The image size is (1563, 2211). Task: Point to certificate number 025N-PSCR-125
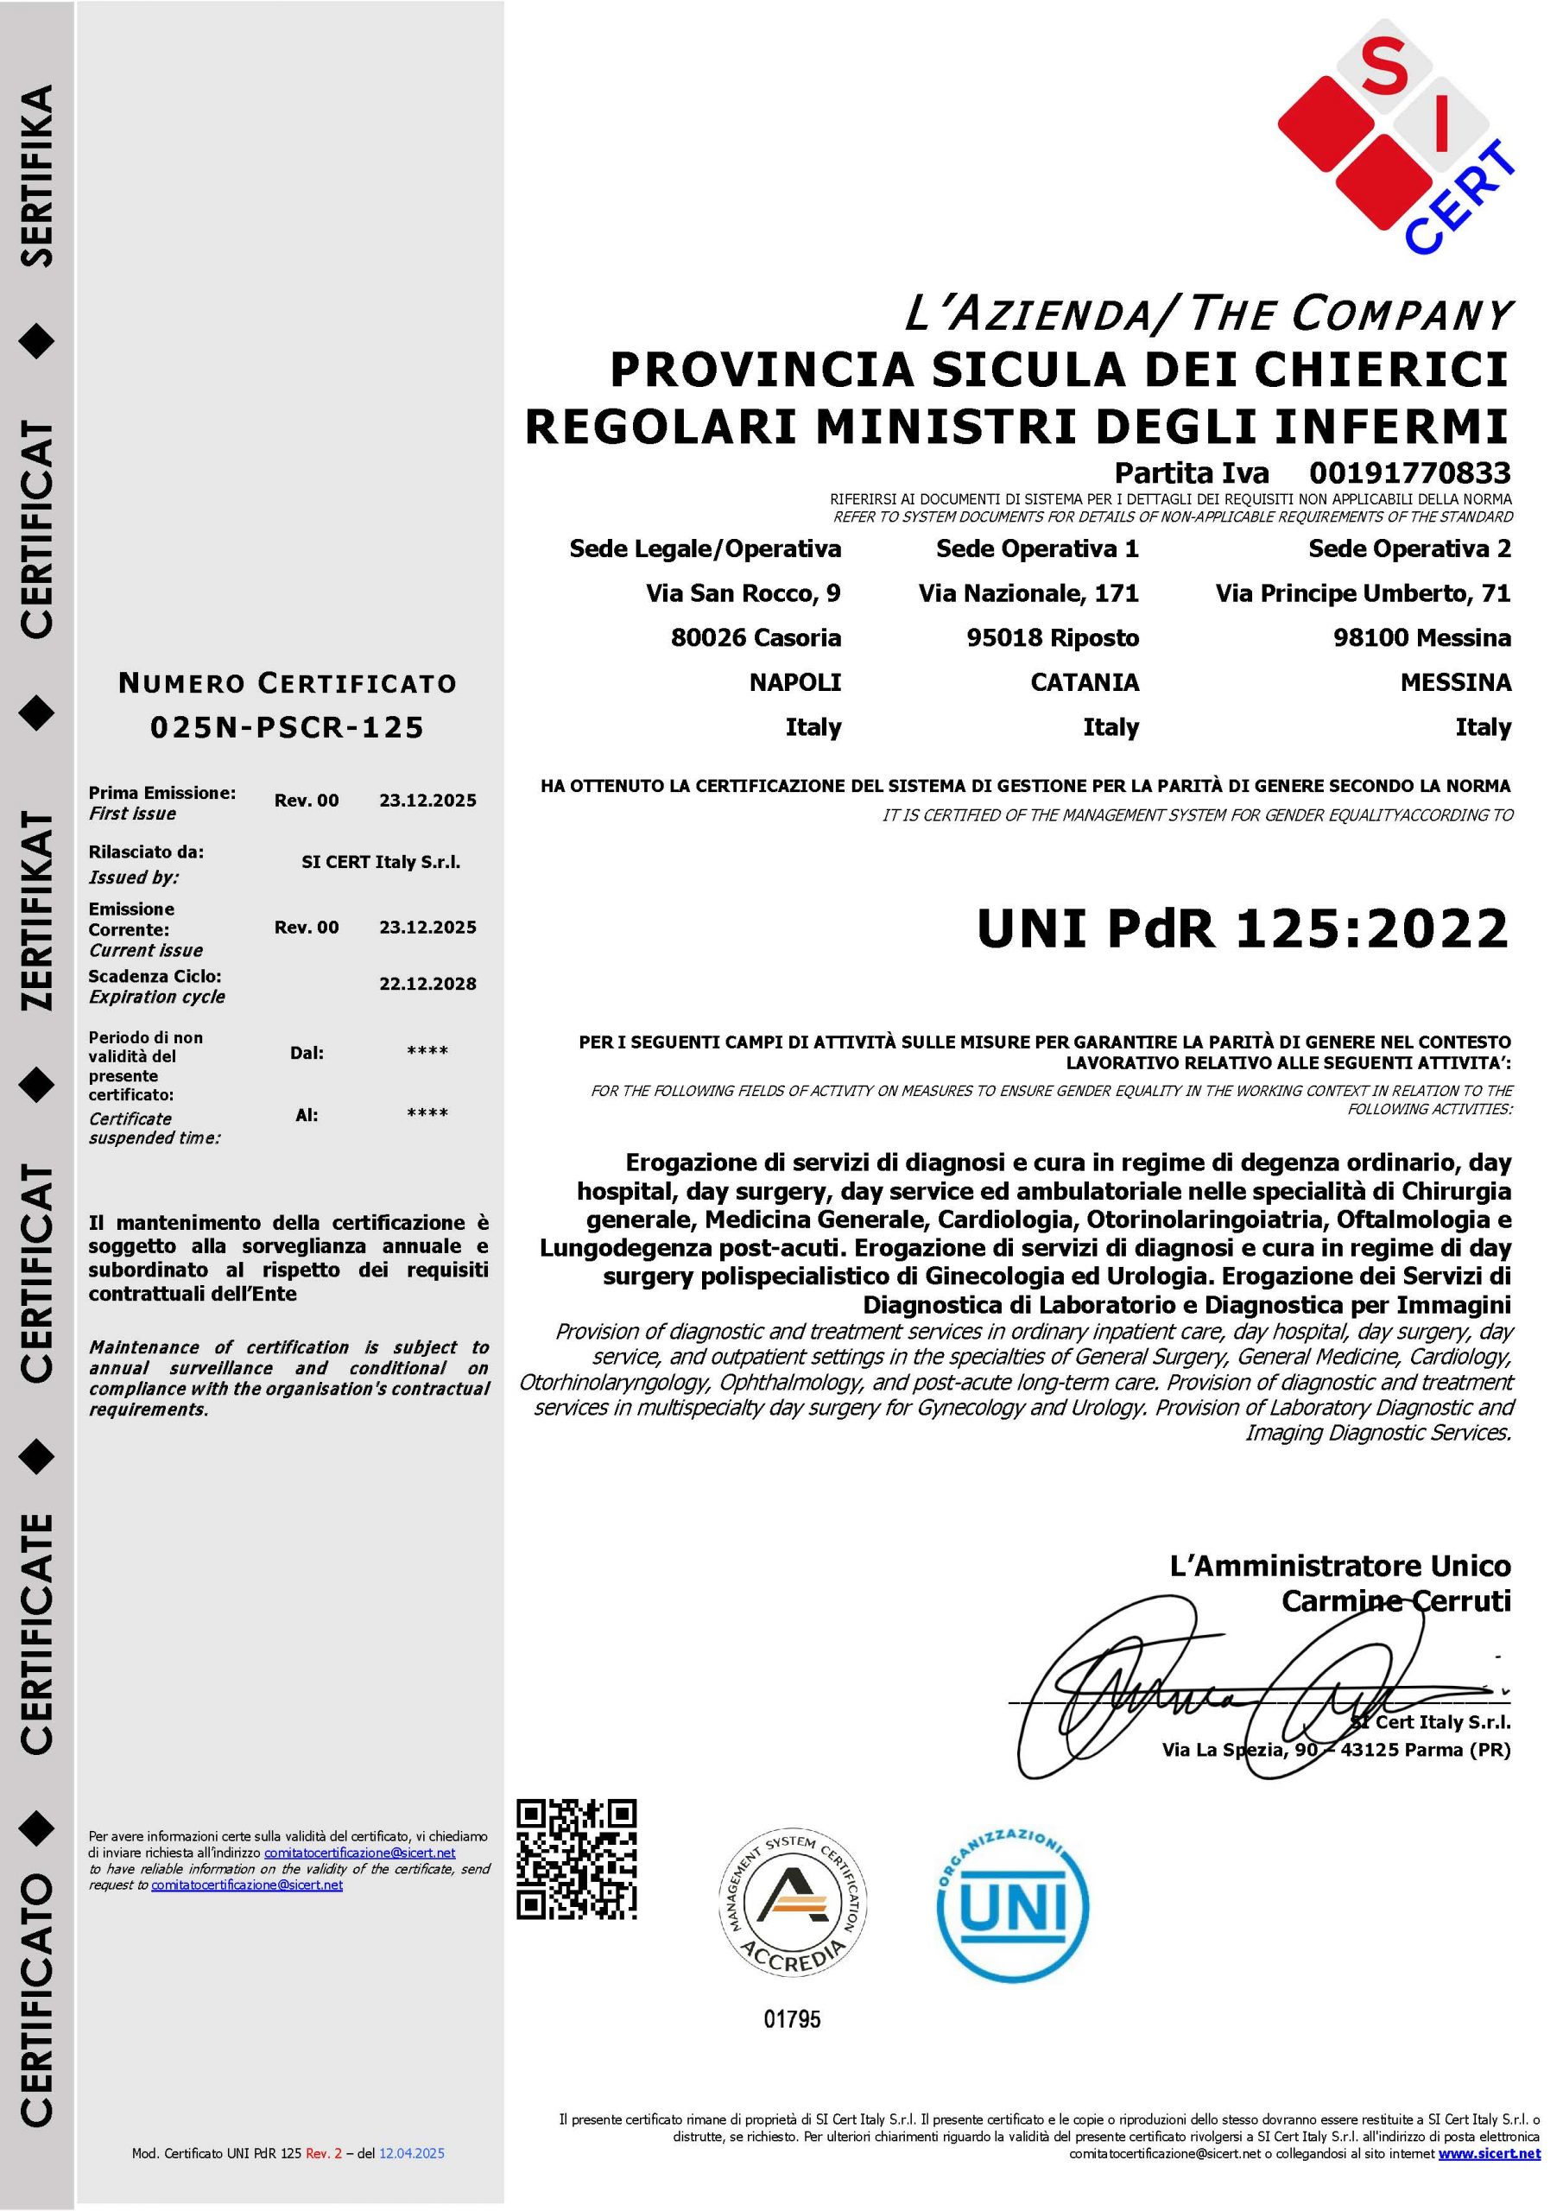point(287,727)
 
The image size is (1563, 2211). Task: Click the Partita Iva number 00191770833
point(1409,472)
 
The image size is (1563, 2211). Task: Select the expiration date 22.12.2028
point(427,985)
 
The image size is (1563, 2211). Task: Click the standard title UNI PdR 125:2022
point(1243,929)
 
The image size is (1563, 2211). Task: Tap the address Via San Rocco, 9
point(743,593)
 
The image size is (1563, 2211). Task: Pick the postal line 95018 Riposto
point(1053,637)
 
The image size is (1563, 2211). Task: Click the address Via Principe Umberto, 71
point(1363,593)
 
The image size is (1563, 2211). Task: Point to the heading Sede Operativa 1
point(1037,549)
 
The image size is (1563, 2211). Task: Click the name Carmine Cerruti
point(1395,1601)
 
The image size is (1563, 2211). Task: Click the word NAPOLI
point(794,683)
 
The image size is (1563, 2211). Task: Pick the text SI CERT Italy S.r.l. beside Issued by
point(381,862)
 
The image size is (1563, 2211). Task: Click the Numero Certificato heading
point(287,684)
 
